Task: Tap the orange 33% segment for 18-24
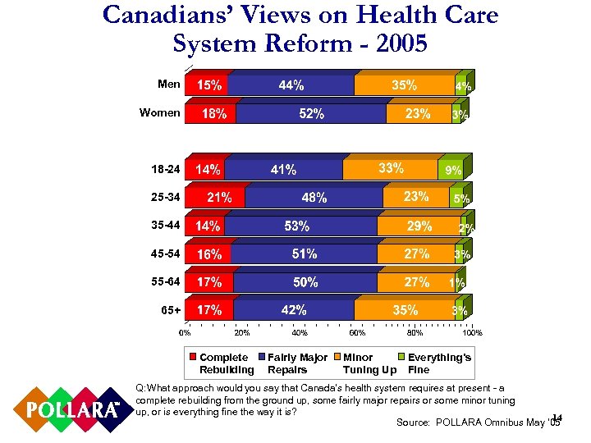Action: (392, 168)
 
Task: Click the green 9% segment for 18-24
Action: (454, 170)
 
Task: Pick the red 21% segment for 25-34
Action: (216, 197)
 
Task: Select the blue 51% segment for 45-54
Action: (304, 254)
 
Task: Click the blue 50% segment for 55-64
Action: (305, 282)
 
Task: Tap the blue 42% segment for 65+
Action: (294, 310)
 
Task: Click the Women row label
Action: (160, 112)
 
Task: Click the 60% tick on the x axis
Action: (357, 332)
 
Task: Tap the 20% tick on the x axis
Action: (242, 332)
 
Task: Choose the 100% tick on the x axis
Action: (472, 332)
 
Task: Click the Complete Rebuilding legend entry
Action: (221, 363)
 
